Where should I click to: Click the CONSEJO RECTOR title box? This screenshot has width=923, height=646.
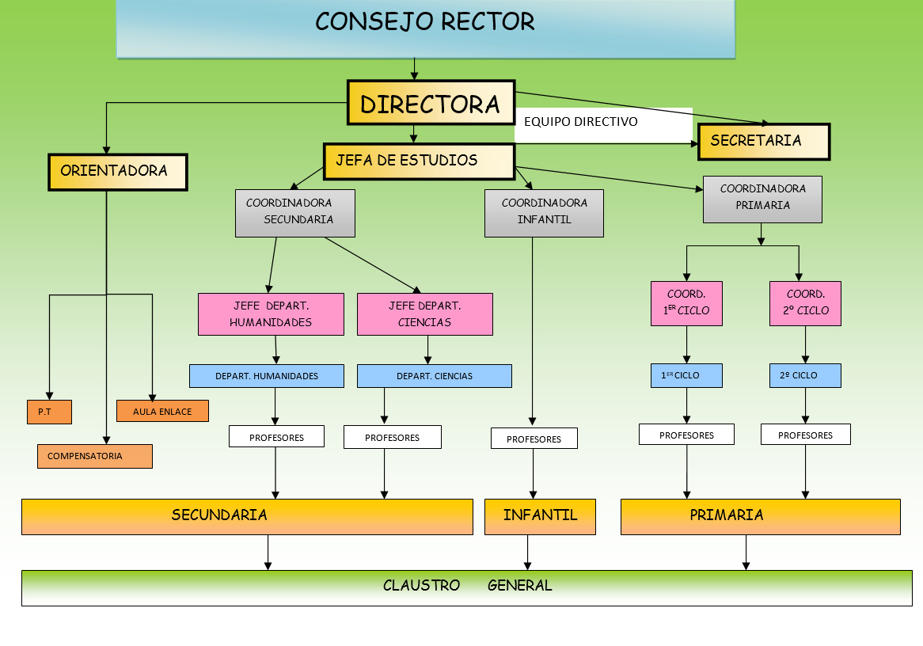tap(425, 28)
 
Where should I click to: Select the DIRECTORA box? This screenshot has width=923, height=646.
tap(431, 103)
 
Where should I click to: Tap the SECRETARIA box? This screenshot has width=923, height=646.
tap(763, 142)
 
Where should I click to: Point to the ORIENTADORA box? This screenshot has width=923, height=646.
tap(117, 172)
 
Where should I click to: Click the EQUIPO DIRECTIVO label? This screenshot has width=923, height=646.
tap(581, 122)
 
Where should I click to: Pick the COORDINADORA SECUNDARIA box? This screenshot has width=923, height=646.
tap(294, 212)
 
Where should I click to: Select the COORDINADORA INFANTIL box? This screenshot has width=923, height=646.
tap(544, 212)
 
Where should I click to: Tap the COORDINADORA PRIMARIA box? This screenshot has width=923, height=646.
tap(762, 198)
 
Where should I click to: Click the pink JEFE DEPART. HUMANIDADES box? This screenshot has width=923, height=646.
tap(271, 313)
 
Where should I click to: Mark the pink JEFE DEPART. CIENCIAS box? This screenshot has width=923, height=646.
tap(424, 313)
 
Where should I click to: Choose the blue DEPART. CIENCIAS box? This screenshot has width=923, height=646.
tap(434, 376)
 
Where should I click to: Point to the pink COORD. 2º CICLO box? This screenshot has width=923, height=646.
tap(804, 303)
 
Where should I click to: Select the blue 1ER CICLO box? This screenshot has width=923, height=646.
tap(686, 375)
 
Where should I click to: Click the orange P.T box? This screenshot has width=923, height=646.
tap(49, 412)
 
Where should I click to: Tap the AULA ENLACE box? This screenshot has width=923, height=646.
tap(162, 411)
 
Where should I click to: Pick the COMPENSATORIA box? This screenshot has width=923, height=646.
tap(94, 456)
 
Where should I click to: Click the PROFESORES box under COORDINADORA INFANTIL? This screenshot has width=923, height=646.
tap(534, 439)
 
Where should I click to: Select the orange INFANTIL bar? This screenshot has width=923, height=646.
tap(540, 516)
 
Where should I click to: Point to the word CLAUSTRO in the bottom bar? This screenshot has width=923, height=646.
tap(421, 586)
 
